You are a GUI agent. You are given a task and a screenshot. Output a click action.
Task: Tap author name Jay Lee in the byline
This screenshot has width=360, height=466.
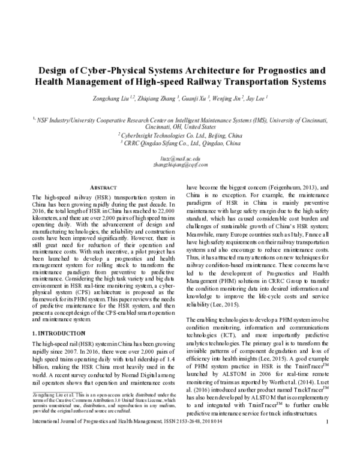click(256, 98)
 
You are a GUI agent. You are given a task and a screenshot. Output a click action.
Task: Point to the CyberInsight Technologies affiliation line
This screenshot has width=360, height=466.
click(180, 136)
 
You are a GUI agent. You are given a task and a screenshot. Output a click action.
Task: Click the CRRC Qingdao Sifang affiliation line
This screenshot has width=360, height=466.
click(180, 144)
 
